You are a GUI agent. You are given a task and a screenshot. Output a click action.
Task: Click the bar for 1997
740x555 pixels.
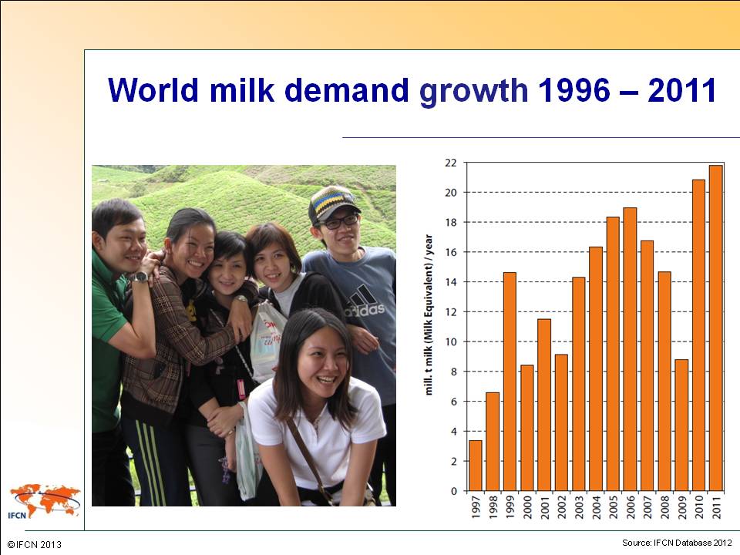pos(476,466)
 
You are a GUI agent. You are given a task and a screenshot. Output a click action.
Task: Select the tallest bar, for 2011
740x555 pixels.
pos(716,328)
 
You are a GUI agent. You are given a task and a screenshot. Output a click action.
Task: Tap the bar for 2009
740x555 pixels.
pos(681,425)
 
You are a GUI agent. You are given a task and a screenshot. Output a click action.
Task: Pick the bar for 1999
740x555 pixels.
pos(510,382)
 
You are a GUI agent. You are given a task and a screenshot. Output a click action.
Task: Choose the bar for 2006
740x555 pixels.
pos(630,349)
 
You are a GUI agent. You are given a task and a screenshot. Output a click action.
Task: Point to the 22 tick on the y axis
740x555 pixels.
pos(451,163)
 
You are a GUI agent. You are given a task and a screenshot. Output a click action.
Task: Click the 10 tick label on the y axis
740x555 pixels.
pos(451,341)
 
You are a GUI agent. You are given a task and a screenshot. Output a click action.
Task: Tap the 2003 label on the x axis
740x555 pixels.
pos(579,507)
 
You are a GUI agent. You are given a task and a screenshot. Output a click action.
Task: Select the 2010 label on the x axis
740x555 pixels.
pos(699,507)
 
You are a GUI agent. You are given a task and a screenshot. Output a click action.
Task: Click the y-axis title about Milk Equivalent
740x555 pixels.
pos(429,314)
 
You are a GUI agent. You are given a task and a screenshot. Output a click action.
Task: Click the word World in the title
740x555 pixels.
pos(153,89)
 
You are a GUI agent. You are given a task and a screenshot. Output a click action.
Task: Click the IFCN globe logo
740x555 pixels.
pos(45,501)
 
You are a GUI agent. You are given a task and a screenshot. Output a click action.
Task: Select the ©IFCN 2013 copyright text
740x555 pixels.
pos(35,545)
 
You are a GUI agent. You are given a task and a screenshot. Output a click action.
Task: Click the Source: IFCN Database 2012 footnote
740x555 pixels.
pos(677,543)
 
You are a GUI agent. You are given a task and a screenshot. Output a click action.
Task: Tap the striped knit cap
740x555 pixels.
pos(333,203)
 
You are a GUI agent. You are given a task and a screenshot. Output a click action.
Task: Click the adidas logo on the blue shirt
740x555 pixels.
pos(364,302)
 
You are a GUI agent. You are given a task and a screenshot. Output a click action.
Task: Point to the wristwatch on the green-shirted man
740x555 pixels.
pos(140,277)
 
